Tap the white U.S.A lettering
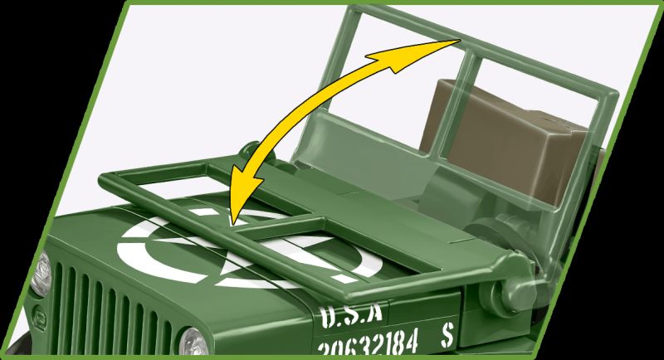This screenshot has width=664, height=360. pyautogui.click(x=349, y=313)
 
